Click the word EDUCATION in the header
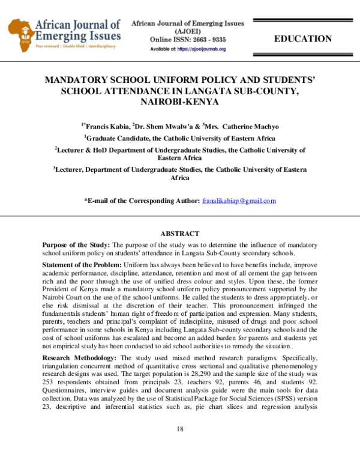(x=302, y=39)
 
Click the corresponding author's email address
(x=239, y=201)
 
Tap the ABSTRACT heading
(x=179, y=234)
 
